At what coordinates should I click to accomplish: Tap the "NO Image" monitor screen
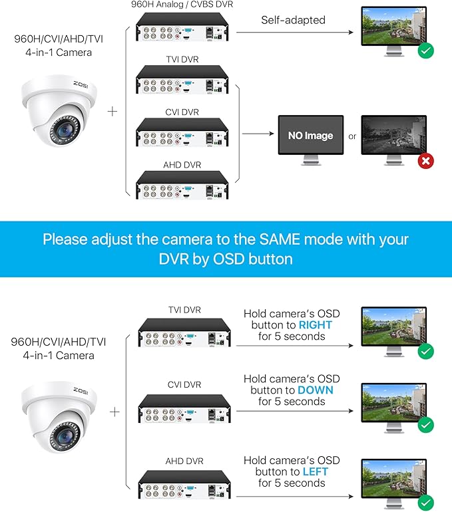pyautogui.click(x=310, y=136)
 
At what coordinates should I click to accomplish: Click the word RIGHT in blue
pyautogui.click(x=315, y=324)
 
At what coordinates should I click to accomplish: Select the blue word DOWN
pyautogui.click(x=316, y=390)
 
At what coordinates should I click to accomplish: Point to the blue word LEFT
pyautogui.click(x=315, y=471)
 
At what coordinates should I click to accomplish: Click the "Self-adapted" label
pyautogui.click(x=292, y=20)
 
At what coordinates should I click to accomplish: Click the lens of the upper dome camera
pyautogui.click(x=64, y=130)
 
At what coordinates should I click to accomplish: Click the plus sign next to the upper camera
pyautogui.click(x=113, y=111)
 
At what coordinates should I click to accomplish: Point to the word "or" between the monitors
pyautogui.click(x=352, y=136)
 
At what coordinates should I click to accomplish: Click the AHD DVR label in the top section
pyautogui.click(x=182, y=164)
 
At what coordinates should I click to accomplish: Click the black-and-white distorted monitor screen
pyautogui.click(x=393, y=134)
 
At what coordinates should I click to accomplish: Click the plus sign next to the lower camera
pyautogui.click(x=114, y=412)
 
